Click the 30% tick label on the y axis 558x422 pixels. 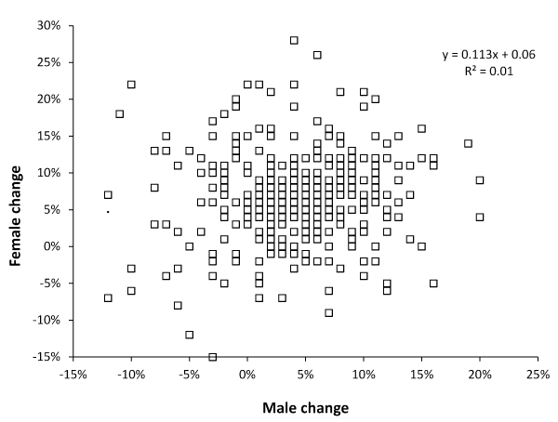(46, 25)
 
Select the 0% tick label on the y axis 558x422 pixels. (50, 246)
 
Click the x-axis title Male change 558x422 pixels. (305, 407)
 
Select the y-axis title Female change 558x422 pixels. (18, 191)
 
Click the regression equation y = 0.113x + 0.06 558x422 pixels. (488, 55)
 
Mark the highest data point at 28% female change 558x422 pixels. (294, 40)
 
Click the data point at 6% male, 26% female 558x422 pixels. (317, 55)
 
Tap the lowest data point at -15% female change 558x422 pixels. (213, 357)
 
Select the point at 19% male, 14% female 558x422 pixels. (468, 143)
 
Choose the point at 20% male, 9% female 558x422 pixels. (480, 180)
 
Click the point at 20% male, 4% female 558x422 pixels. (480, 217)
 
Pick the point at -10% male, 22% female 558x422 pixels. (131, 85)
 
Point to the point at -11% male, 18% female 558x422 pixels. (120, 113)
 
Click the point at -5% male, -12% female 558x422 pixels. (190, 335)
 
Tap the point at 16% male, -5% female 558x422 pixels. (433, 283)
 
